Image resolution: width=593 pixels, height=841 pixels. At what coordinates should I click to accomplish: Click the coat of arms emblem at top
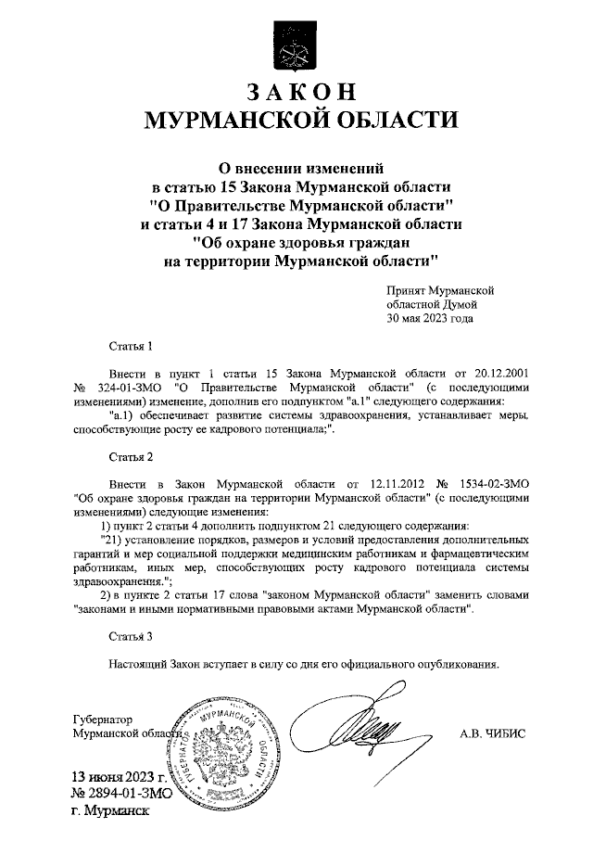[296, 42]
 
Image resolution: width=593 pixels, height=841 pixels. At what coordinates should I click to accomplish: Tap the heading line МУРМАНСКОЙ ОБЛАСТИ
[296, 121]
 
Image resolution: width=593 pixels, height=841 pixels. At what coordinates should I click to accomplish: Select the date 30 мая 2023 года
[430, 318]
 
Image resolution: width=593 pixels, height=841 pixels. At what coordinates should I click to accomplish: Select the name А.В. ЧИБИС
[491, 733]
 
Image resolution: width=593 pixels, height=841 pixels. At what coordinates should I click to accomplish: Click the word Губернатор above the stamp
[102, 719]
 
